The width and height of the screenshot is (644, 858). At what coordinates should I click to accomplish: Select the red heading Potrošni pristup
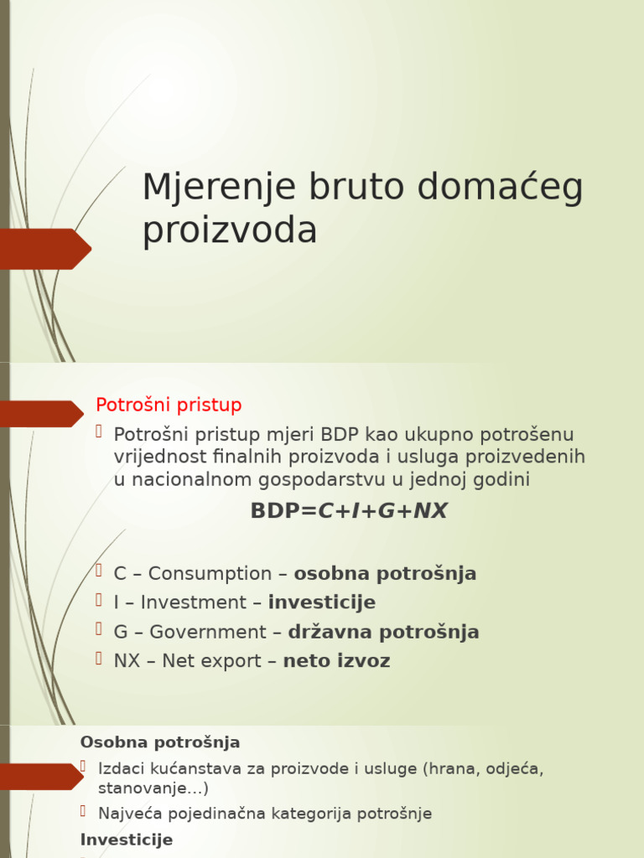[x=169, y=405]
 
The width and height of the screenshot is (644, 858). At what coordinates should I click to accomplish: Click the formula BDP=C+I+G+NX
[x=349, y=511]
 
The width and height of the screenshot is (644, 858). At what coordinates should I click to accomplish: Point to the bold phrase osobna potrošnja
[x=385, y=574]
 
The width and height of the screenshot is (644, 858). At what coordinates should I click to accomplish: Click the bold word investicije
[x=321, y=602]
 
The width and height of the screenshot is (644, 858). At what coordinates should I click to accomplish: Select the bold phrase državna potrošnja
[x=383, y=632]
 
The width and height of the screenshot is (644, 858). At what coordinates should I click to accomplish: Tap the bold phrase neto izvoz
[x=336, y=661]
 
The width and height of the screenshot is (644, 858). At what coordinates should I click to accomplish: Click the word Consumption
[x=210, y=574]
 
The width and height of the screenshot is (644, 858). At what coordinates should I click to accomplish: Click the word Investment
[x=194, y=602]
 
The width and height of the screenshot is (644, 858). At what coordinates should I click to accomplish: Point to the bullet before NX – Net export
[x=98, y=659]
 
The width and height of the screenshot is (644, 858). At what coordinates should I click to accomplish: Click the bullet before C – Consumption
[x=98, y=571]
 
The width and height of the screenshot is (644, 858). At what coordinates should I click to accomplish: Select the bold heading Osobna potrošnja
[x=160, y=742]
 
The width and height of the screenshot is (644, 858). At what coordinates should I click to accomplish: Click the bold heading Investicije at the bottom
[x=127, y=840]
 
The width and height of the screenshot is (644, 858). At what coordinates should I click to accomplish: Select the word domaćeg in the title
[x=501, y=188]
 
